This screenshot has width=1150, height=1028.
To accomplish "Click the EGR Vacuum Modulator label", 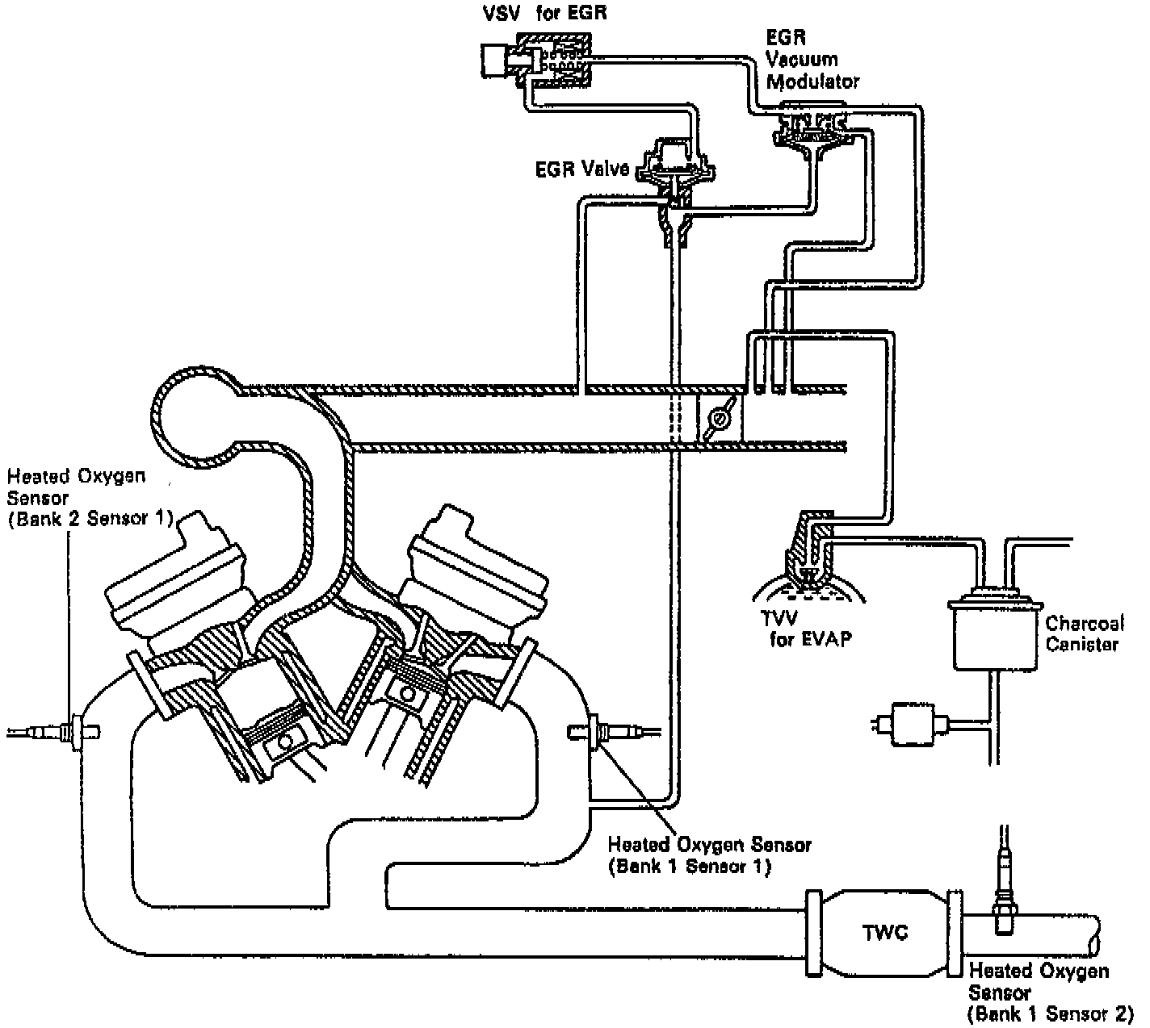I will tap(812, 60).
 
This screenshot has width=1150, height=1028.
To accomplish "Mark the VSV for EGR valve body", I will tap(536, 58).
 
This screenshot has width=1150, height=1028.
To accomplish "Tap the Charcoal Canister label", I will tap(1084, 633).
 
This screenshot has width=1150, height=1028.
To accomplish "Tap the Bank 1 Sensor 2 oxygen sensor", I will tap(1005, 896).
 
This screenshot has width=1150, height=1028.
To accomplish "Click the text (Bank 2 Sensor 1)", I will tap(90, 519).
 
